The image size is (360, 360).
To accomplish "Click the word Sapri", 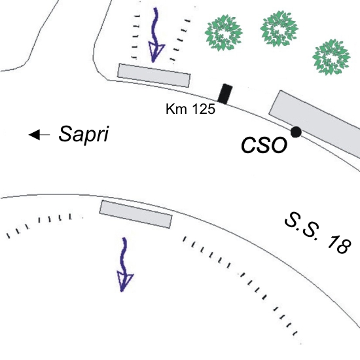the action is [x=84, y=135].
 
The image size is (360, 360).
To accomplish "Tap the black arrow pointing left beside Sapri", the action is [x=39, y=135].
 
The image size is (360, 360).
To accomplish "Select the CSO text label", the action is [x=264, y=145].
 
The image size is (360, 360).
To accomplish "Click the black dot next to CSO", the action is [x=296, y=132].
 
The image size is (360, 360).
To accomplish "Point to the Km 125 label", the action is [x=190, y=109].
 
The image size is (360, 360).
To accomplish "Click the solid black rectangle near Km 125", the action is [x=225, y=94].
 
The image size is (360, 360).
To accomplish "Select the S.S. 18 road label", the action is [x=318, y=233].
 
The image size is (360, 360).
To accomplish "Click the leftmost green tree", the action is [x=223, y=33].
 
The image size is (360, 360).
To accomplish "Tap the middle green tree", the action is [x=279, y=28].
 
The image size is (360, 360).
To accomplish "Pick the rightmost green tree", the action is [x=331, y=57].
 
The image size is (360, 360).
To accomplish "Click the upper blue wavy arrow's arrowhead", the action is [x=156, y=52].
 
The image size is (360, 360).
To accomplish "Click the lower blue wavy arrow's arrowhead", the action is [x=124, y=281].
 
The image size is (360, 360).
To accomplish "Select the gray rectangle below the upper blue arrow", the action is [x=154, y=75].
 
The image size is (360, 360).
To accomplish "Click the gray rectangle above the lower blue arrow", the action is [x=135, y=214].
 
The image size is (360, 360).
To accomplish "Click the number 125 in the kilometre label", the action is [x=203, y=109].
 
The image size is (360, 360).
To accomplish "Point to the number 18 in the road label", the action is [x=339, y=244].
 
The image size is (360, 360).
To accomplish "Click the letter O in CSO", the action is [x=279, y=145].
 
